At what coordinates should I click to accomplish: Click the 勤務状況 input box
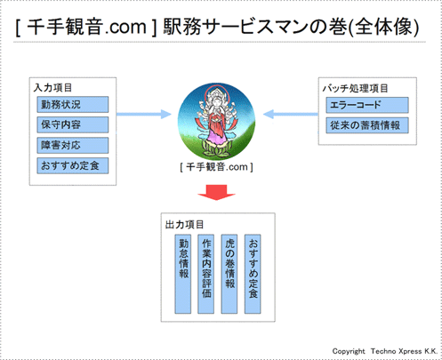coord(73,105)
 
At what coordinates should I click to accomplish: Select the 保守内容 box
coord(73,124)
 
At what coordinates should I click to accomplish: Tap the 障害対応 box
coord(73,145)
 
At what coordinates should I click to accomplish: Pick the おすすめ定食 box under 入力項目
coord(73,166)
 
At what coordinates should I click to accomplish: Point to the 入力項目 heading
coord(56,88)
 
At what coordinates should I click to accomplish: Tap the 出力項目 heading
coord(185,225)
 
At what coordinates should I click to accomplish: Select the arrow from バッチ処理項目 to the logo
coord(286,115)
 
